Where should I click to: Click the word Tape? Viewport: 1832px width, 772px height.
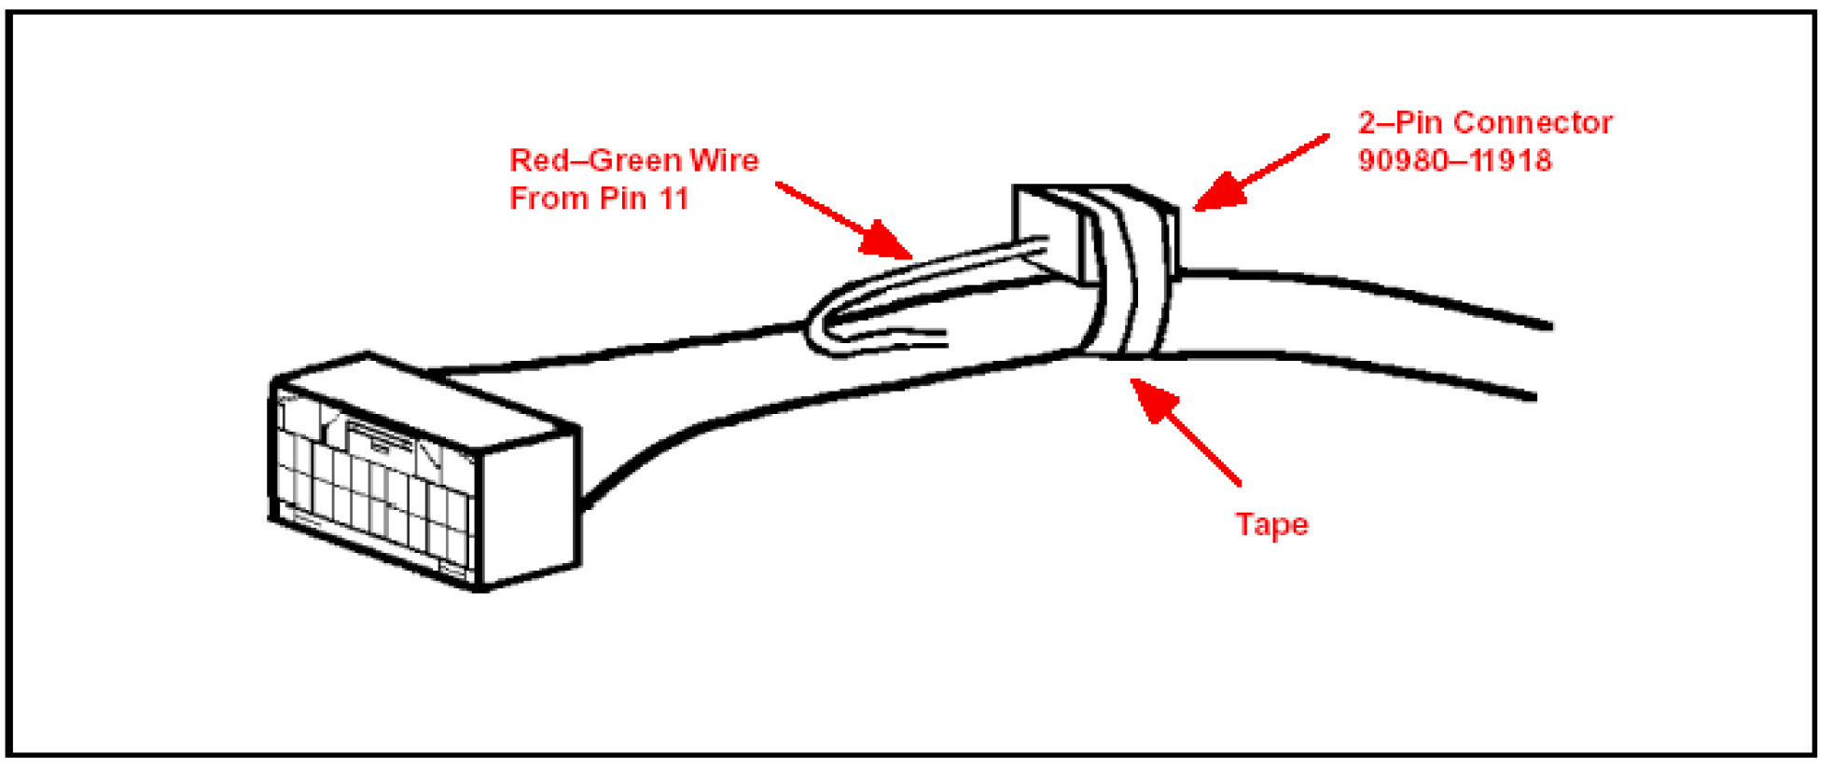click(x=1271, y=525)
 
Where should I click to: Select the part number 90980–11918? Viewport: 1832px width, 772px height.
click(x=1454, y=160)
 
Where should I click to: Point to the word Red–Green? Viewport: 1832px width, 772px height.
click(x=586, y=160)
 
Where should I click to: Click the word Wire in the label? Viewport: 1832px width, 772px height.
click(x=724, y=160)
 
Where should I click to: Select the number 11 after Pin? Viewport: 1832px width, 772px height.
click(x=672, y=199)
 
